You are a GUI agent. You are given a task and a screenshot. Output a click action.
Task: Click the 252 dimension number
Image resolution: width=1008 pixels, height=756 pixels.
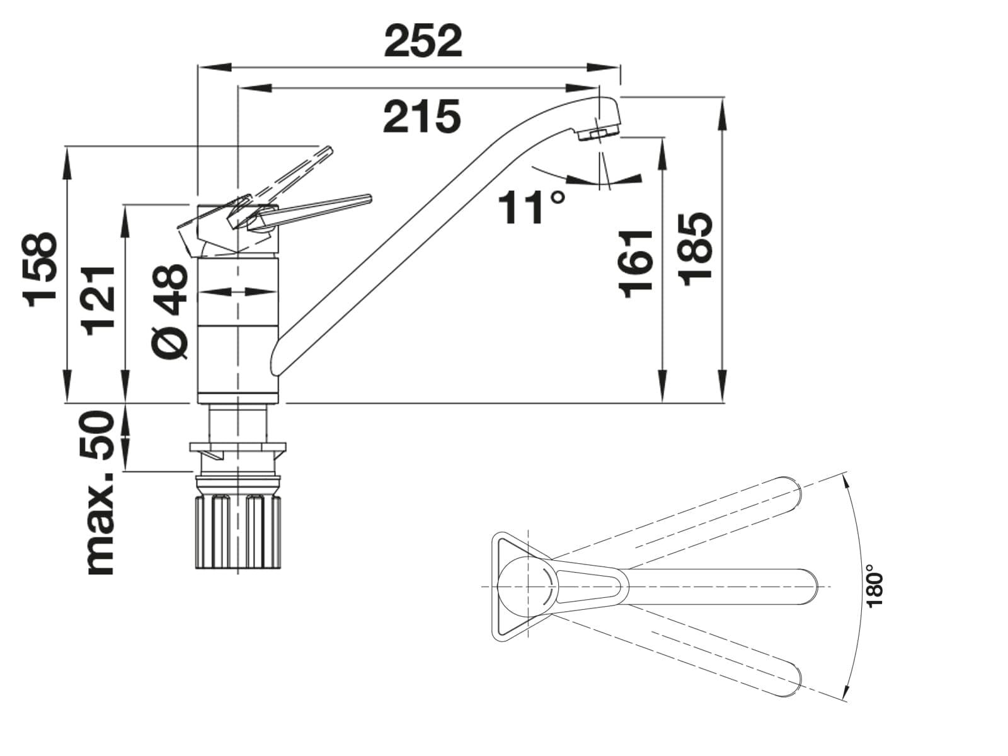423,42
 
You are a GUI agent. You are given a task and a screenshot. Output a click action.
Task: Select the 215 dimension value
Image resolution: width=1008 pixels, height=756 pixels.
422,117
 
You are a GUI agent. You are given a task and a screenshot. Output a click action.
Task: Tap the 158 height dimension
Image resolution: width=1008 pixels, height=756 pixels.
41,270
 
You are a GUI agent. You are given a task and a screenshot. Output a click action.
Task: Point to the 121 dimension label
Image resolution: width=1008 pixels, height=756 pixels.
98,301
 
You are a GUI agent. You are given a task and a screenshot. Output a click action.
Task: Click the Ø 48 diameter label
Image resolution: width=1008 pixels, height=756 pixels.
169,312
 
